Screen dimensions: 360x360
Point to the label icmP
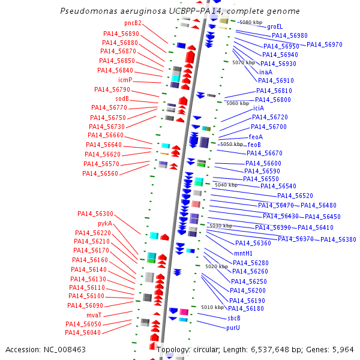click(x=125, y=80)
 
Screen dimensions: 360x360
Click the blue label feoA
click(x=256, y=136)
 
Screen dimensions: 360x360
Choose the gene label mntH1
click(x=243, y=253)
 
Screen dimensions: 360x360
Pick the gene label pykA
click(x=105, y=223)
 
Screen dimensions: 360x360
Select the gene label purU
click(x=233, y=328)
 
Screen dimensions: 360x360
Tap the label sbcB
click(x=233, y=318)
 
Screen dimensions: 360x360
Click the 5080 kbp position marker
click(x=251, y=22)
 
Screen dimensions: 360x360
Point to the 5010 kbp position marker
click(x=212, y=307)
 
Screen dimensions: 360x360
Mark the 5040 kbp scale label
click(x=226, y=185)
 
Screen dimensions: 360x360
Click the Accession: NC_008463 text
click(x=46, y=349)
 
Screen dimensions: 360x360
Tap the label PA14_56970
click(x=325, y=44)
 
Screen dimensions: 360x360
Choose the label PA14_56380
click(x=338, y=239)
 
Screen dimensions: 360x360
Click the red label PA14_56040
click(x=83, y=332)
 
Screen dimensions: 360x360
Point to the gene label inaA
click(x=266, y=71)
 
